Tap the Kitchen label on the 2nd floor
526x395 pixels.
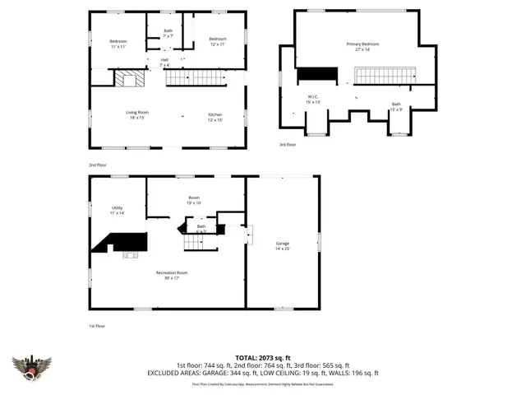click(215, 117)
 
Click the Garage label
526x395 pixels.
click(283, 246)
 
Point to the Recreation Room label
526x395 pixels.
click(173, 275)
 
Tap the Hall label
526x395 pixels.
click(164, 62)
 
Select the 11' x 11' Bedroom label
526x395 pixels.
click(118, 43)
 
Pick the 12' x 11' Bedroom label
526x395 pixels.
click(217, 41)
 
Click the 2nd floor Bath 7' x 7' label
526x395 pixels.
click(168, 34)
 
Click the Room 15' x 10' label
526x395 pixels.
click(194, 200)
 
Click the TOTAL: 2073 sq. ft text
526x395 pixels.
click(263, 358)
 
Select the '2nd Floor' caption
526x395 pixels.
click(97, 165)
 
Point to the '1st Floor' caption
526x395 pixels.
click(97, 326)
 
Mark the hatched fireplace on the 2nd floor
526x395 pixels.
click(129, 78)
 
